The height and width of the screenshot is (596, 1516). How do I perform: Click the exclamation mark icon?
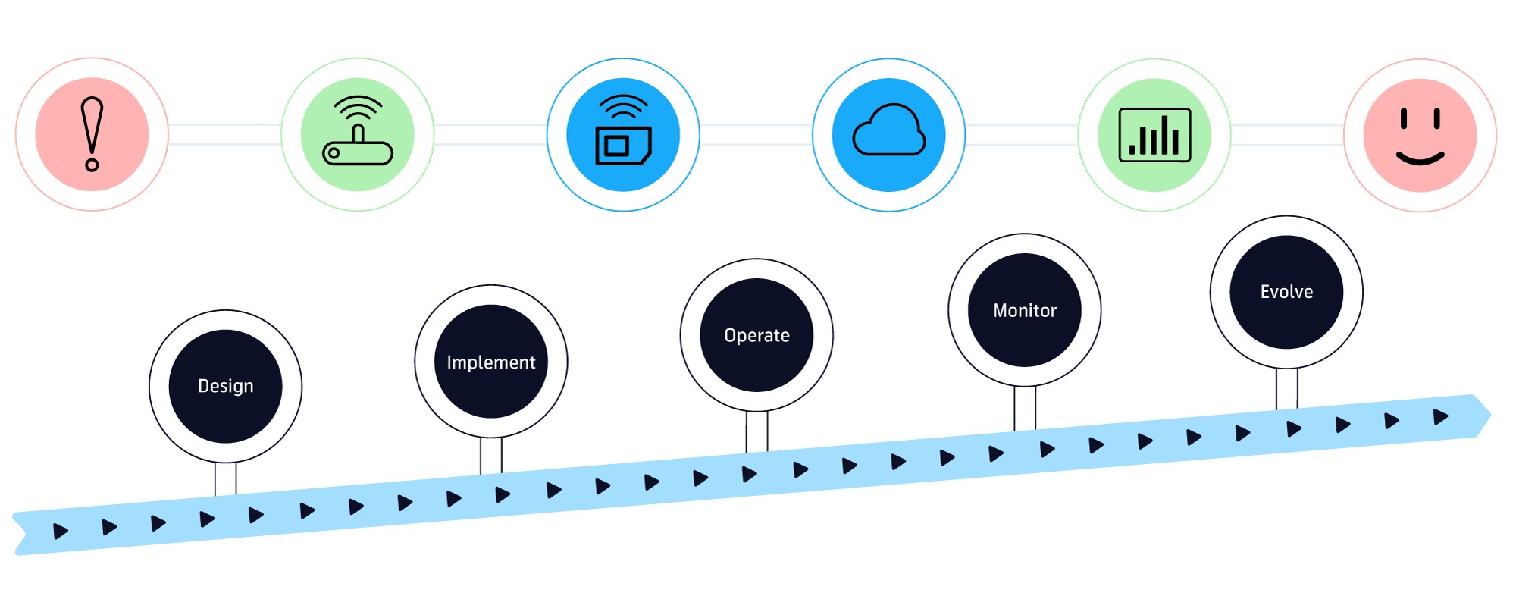[x=92, y=134]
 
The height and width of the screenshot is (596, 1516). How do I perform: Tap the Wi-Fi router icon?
[x=358, y=130]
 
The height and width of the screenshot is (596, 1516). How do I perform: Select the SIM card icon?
[x=623, y=130]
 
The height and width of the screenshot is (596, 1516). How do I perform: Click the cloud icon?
[x=889, y=130]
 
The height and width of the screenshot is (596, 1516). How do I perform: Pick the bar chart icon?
[x=1154, y=135]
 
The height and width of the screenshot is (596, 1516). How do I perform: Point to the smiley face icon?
[x=1420, y=136]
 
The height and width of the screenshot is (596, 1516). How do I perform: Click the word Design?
[x=226, y=386]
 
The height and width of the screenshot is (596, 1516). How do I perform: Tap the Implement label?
[x=491, y=362]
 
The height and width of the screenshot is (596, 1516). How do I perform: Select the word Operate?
[x=756, y=336]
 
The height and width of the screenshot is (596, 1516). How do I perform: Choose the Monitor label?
[x=1025, y=310]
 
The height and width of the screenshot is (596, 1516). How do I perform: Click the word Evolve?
[x=1286, y=292]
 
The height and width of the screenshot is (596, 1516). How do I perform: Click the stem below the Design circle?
[x=225, y=478]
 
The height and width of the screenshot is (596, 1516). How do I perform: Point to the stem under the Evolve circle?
[x=1286, y=388]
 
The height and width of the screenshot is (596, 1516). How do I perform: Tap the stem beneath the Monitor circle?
[x=1025, y=408]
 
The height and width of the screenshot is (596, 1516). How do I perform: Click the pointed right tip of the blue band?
[x=1490, y=415]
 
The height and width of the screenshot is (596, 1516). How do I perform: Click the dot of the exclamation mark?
[x=92, y=165]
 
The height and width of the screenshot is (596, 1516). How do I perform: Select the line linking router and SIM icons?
[x=490, y=134]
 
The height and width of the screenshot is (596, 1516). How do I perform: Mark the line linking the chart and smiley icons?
[x=1287, y=135]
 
